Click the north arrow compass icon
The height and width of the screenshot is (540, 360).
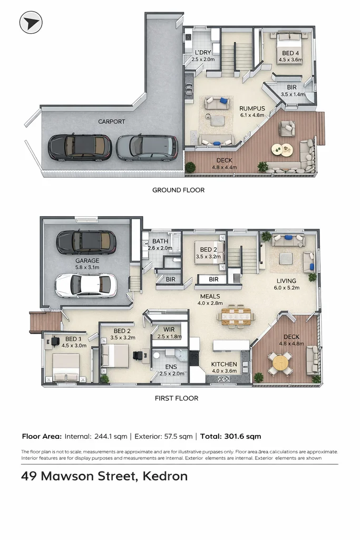tap(31, 23)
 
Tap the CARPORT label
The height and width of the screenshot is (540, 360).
tap(111, 122)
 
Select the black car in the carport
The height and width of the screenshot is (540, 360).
tap(80, 147)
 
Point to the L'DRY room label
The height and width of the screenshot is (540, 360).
tap(203, 53)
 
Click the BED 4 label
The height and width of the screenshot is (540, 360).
tap(290, 53)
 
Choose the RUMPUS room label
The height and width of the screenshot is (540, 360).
tap(251, 109)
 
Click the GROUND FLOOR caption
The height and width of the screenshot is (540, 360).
tap(178, 190)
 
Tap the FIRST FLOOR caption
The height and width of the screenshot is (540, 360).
tap(177, 398)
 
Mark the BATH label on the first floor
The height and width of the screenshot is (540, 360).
tap(160, 241)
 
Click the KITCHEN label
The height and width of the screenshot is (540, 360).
tap(224, 364)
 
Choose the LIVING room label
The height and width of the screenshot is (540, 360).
tap(286, 281)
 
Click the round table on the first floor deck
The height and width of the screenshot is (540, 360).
tap(280, 363)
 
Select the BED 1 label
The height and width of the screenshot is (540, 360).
tap(73, 339)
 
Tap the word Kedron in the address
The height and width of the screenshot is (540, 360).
tap(164, 476)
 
